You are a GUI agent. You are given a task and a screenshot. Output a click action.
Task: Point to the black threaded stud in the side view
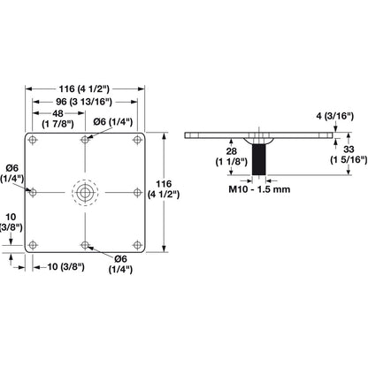260,160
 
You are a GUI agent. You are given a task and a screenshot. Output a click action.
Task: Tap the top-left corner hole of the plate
33,141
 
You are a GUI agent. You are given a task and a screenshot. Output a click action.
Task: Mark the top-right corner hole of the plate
136,141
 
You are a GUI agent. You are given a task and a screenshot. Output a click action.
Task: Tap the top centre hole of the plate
84,141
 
